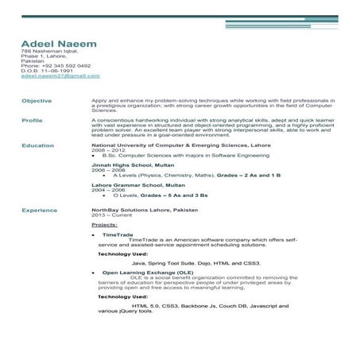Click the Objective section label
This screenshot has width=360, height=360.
37,101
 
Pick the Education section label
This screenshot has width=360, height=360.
37,146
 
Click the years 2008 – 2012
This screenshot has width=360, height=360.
109,151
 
